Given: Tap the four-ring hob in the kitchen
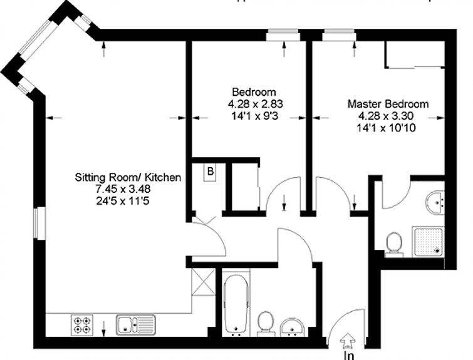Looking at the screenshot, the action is point(82,325).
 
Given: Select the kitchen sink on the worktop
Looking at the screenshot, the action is point(136,325).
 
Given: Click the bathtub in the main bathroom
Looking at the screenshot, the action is point(236,303).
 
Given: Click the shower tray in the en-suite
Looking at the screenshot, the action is point(428,242).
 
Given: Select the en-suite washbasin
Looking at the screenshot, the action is point(435,203).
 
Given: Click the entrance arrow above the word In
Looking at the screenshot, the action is point(348,341).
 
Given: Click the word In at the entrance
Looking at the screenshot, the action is point(349,356).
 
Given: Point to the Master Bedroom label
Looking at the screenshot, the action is point(388,104).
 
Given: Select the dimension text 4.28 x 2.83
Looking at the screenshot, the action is point(255,104).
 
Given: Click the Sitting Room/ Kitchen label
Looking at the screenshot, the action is point(128,177).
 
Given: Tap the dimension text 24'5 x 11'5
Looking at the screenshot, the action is point(123,201).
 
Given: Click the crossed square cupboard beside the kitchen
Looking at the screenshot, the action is point(204,282).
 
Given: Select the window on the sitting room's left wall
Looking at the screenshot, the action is point(39,223).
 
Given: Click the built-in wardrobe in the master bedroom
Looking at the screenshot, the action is point(415,54).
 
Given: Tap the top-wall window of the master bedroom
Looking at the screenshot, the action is point(339,34).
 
